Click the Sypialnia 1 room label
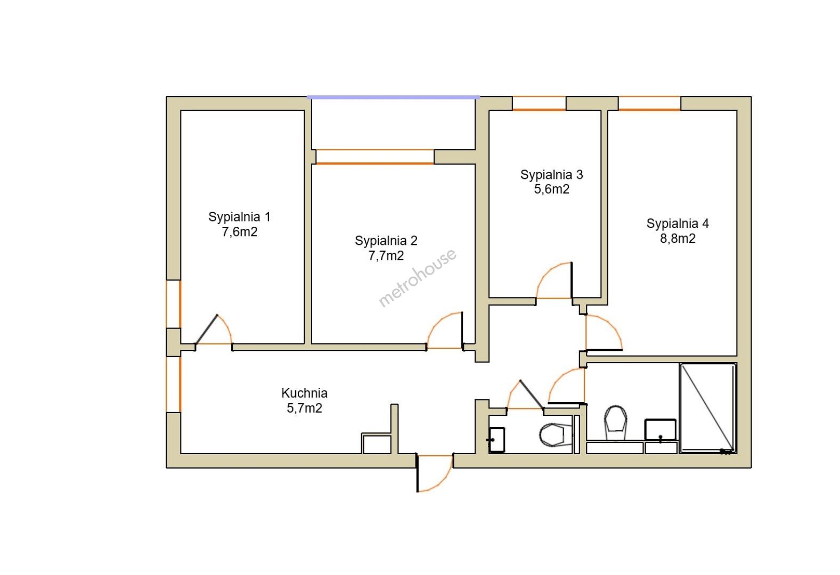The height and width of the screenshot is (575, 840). pyautogui.click(x=239, y=217)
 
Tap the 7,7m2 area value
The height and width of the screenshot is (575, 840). pyautogui.click(x=386, y=256)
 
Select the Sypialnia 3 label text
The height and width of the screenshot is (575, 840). pyautogui.click(x=551, y=175)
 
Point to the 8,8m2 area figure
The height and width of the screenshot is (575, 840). pyautogui.click(x=678, y=239)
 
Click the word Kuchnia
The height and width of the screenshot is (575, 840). pyautogui.click(x=304, y=393)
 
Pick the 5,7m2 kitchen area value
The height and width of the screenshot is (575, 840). pyautogui.click(x=304, y=408)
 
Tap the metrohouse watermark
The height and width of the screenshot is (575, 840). pyautogui.click(x=418, y=277)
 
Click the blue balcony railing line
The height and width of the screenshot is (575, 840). pyautogui.click(x=394, y=97)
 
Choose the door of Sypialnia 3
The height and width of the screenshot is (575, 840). pyautogui.click(x=554, y=281)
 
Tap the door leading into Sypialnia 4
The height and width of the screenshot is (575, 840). pyautogui.click(x=604, y=332)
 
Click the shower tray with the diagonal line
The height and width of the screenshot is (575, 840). pyautogui.click(x=708, y=408)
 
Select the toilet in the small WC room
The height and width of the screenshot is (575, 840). pyautogui.click(x=556, y=435)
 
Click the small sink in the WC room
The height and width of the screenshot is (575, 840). pyautogui.click(x=496, y=440)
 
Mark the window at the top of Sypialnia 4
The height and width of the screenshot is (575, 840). pyautogui.click(x=649, y=103)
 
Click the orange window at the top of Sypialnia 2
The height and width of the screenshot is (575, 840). pyautogui.click(x=374, y=157)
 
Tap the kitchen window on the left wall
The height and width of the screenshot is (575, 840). pyautogui.click(x=174, y=384)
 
